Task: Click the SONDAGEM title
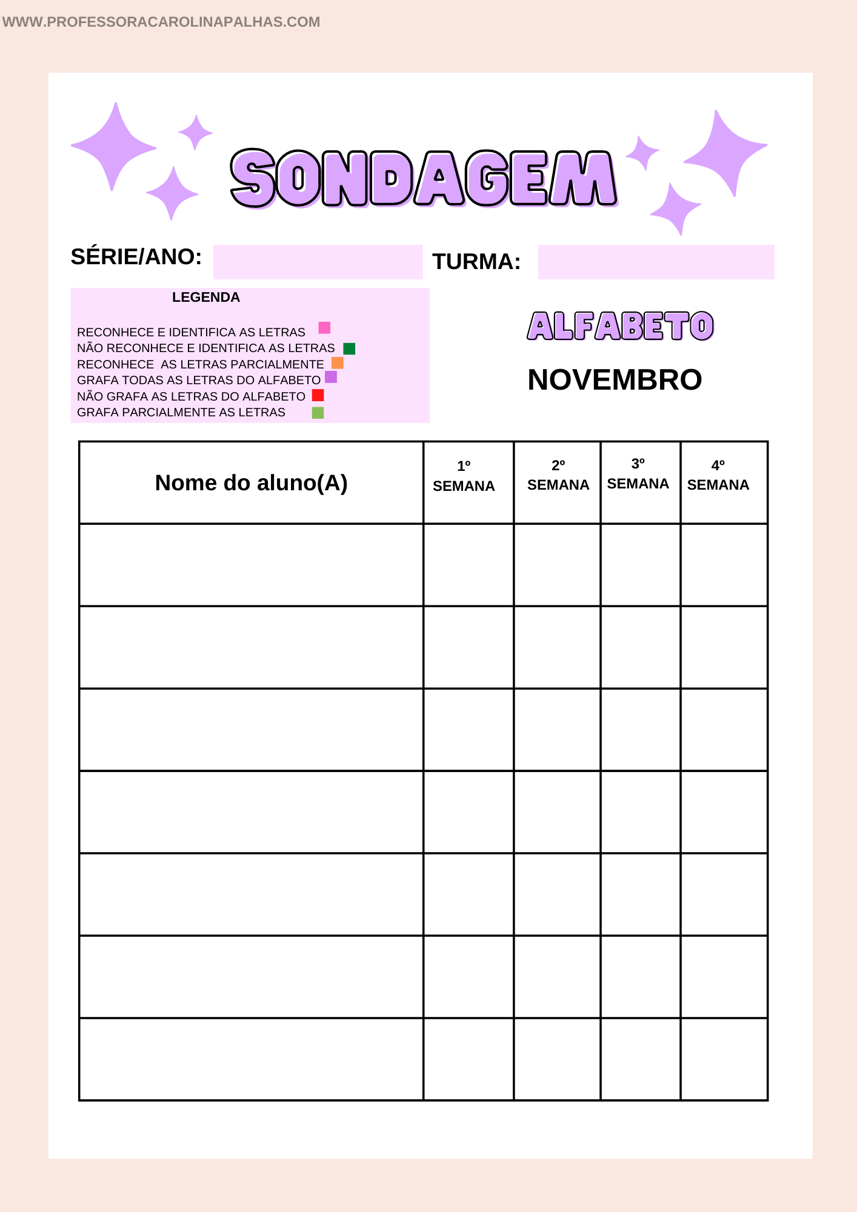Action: (424, 178)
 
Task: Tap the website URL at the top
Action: (161, 22)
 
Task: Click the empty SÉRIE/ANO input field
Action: (318, 262)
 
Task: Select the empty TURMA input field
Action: (656, 262)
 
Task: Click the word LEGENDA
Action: (206, 298)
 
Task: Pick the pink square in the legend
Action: (324, 328)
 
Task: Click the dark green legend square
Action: (349, 348)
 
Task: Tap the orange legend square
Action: (338, 363)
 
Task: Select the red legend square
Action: (318, 395)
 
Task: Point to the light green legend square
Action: (318, 413)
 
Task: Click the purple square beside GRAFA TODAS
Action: (331, 378)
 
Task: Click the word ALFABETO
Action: (620, 326)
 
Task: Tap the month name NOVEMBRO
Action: (615, 380)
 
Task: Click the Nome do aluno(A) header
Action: (251, 483)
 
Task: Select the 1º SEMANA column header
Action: (464, 476)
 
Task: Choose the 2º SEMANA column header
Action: (558, 476)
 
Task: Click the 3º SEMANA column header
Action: (638, 474)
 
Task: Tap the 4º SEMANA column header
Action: (718, 476)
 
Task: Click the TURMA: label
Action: (476, 262)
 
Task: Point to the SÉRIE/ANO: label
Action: (136, 257)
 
